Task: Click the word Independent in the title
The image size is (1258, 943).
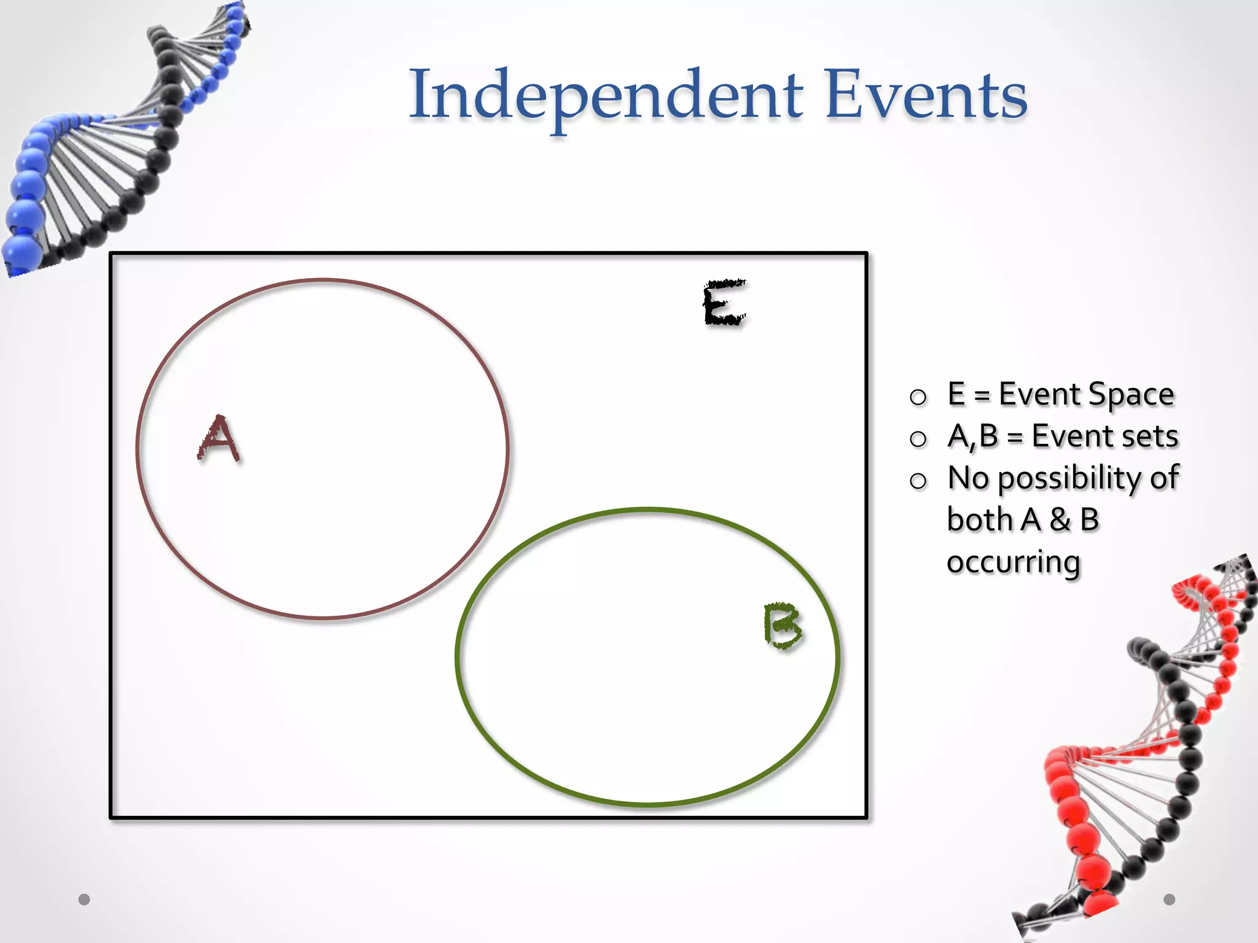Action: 606,96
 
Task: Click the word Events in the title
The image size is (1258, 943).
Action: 926,96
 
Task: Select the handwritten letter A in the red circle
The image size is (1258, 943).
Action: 219,438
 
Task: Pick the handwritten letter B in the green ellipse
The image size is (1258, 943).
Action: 783,626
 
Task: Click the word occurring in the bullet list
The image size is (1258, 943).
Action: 1013,562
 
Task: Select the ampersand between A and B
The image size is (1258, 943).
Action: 1060,520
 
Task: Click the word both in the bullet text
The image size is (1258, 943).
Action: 979,520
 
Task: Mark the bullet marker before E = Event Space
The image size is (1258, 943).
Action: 918,397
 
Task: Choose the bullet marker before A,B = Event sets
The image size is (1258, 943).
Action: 918,439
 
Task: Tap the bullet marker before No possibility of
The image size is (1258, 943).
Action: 918,481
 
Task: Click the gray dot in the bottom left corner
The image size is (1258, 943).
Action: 84,899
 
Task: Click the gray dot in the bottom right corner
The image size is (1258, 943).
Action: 1169,899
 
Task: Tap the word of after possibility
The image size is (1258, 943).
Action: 1164,478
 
